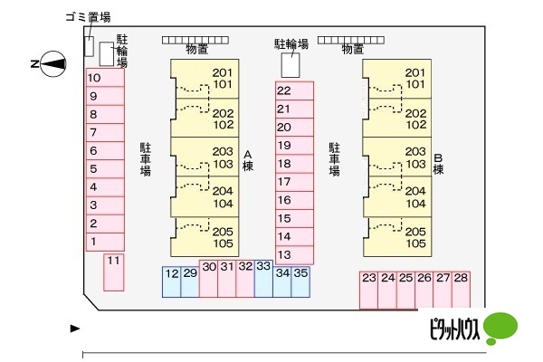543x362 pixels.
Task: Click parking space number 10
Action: (105, 78)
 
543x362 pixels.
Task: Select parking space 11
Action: (114, 272)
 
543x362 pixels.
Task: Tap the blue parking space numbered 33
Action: (263, 279)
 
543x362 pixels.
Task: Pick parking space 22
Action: (294, 90)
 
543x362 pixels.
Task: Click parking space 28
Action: (461, 290)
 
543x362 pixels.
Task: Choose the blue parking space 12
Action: (172, 281)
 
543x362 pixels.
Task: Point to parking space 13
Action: (294, 255)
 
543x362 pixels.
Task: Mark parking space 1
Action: (105, 242)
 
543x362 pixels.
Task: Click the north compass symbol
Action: (53, 63)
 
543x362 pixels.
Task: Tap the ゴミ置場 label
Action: (89, 17)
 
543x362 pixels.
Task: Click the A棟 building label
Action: (248, 160)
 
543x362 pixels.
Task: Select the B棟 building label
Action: (438, 164)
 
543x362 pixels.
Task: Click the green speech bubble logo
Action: (500, 328)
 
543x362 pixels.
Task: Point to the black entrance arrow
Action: (75, 329)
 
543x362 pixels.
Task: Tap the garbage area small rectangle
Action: (89, 46)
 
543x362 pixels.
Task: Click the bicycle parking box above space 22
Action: (291, 65)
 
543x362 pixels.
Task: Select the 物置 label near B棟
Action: (353, 49)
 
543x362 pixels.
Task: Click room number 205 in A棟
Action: (223, 231)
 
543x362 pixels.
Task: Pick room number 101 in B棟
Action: (414, 84)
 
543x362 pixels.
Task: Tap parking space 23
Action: (369, 290)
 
